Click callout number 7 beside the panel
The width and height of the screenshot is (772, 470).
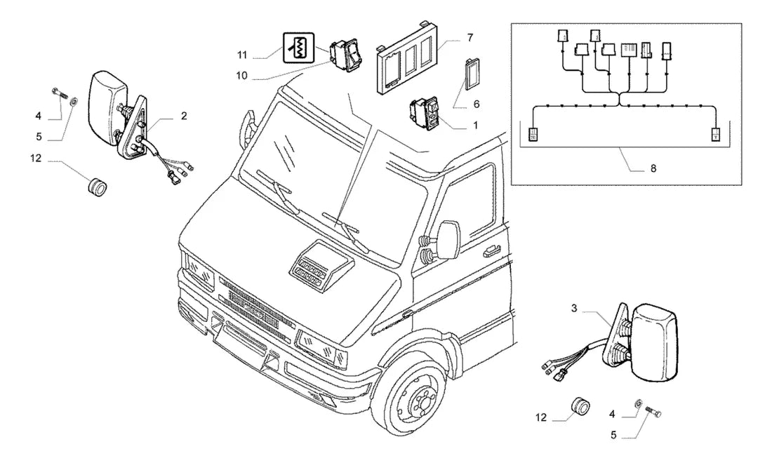470,37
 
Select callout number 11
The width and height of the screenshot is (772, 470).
241,55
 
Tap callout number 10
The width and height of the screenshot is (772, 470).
241,76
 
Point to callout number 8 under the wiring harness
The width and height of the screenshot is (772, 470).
653,168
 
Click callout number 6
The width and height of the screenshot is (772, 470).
476,105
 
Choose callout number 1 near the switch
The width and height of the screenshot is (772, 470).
476,126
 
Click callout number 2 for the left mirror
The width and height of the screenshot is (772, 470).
184,116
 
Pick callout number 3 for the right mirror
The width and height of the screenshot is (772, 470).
574,308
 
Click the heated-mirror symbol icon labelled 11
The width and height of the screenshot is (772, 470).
299,48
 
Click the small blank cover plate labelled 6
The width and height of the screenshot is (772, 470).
472,74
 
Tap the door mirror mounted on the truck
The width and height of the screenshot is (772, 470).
448,240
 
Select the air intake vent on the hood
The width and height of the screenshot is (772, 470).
320,265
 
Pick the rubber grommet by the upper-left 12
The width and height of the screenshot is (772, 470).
97,187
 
